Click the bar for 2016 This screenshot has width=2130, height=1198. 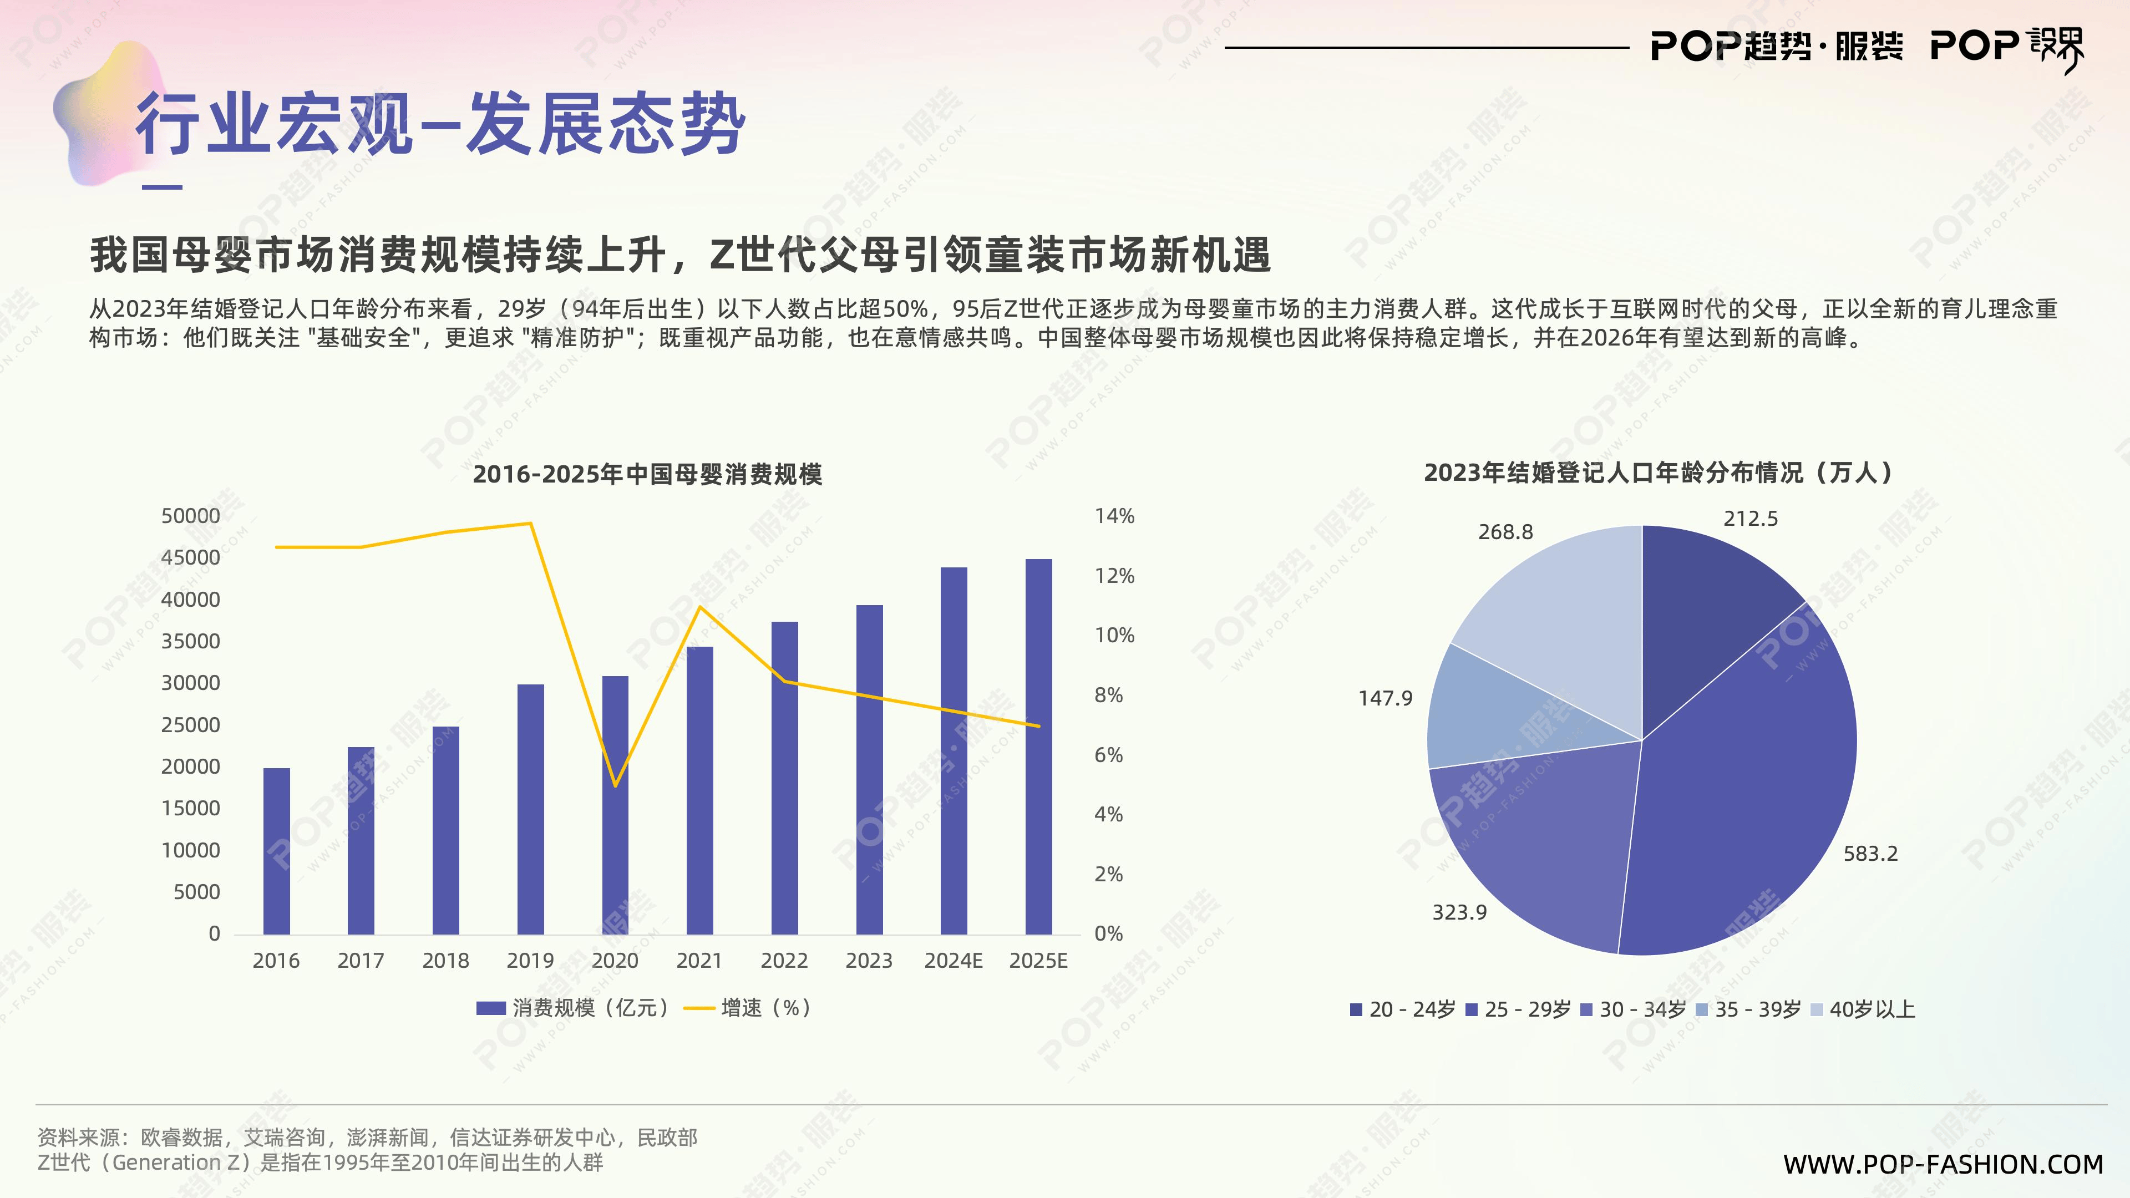pyautogui.click(x=276, y=851)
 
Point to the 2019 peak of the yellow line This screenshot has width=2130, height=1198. pyautogui.click(x=530, y=524)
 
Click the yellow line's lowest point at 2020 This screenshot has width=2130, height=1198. pyautogui.click(x=615, y=785)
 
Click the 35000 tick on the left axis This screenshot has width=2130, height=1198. pyautogui.click(x=190, y=642)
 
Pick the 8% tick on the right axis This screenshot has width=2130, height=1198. pyautogui.click(x=1108, y=696)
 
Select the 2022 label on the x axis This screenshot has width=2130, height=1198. pyautogui.click(x=784, y=961)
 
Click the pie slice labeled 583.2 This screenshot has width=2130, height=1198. pyautogui.click(x=1744, y=794)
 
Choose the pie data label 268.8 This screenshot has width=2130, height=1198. pyautogui.click(x=1505, y=532)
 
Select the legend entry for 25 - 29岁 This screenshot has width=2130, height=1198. pyautogui.click(x=1518, y=1009)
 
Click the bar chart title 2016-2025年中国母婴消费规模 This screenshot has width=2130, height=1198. pyautogui.click(x=647, y=475)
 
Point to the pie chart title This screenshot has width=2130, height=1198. pyautogui.click(x=1659, y=473)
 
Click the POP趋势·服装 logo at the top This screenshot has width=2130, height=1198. pyautogui.click(x=1776, y=46)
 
